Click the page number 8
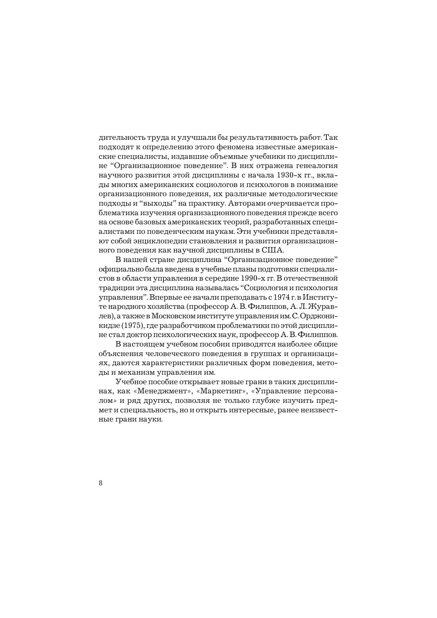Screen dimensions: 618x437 (x=101, y=483)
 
